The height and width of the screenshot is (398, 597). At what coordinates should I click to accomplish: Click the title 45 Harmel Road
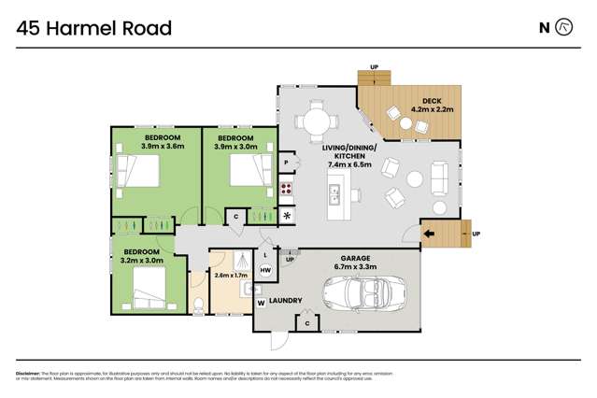pos(94,28)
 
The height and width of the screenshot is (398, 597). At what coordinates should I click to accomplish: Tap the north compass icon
pos(563,27)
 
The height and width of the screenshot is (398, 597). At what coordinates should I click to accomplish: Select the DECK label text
pos(431,100)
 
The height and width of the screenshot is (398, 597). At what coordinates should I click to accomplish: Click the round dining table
pos(313,121)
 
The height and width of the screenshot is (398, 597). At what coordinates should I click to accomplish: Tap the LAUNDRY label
pos(284,301)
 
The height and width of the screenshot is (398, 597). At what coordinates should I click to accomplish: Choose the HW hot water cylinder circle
pos(265,270)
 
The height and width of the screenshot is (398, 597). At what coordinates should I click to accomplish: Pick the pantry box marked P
pos(286,163)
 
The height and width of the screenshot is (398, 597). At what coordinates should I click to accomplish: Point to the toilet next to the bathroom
pos(199,301)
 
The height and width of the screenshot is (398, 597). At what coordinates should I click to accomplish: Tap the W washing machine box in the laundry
pos(261,303)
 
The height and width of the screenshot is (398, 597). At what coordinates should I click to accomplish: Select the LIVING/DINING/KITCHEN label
pos(349,153)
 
